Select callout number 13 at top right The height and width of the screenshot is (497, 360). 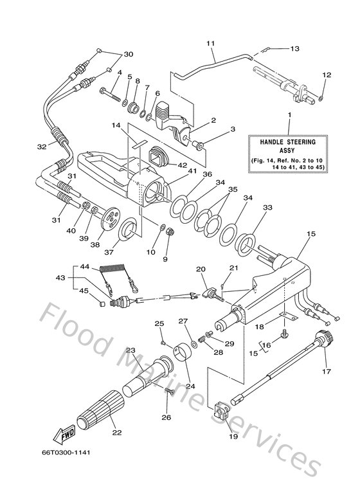click(x=295, y=48)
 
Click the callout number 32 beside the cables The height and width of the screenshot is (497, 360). click(x=42, y=147)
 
